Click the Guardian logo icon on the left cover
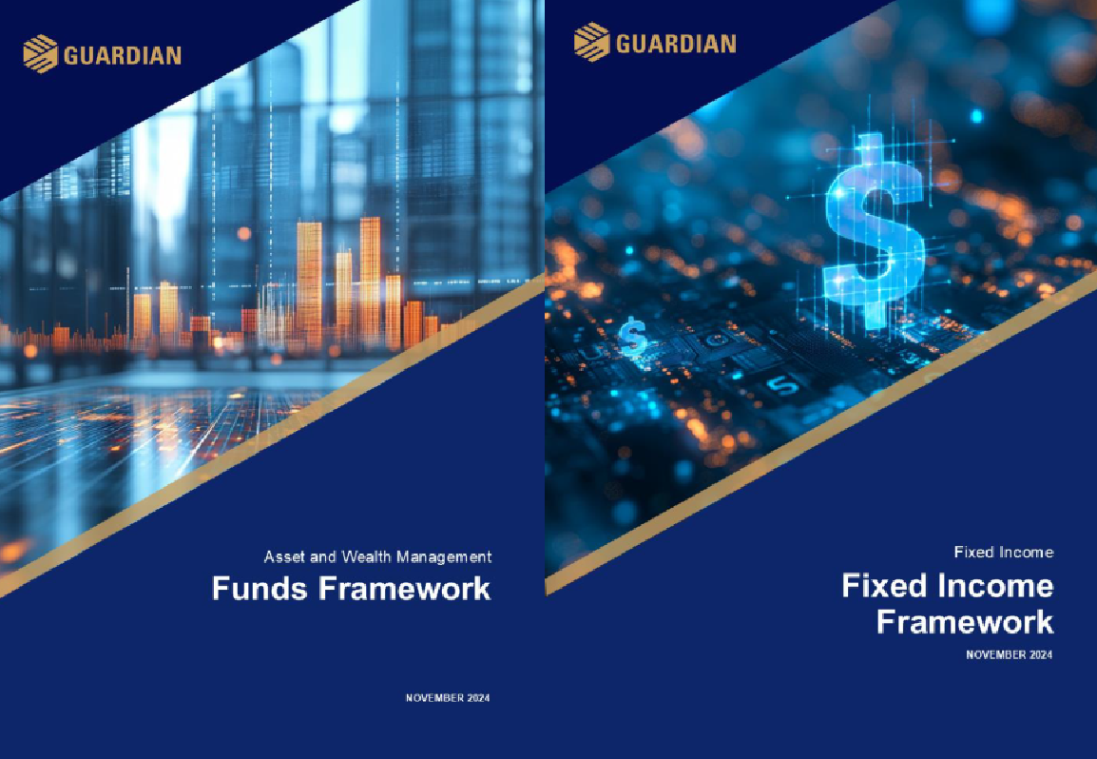point(40,54)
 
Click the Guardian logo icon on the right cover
point(592,42)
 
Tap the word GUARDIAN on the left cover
point(123,55)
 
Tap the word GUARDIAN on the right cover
point(676,44)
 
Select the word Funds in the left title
point(260,588)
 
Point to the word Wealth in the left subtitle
point(366,556)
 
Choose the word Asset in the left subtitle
point(284,556)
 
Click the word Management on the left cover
point(444,556)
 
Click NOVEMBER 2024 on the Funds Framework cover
point(448,698)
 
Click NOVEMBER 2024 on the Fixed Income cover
point(1009,654)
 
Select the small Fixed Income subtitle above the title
point(1004,553)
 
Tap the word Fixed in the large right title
point(884,585)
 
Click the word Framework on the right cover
point(965,622)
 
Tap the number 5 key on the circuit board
point(782,385)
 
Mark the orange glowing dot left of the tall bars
point(243,233)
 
